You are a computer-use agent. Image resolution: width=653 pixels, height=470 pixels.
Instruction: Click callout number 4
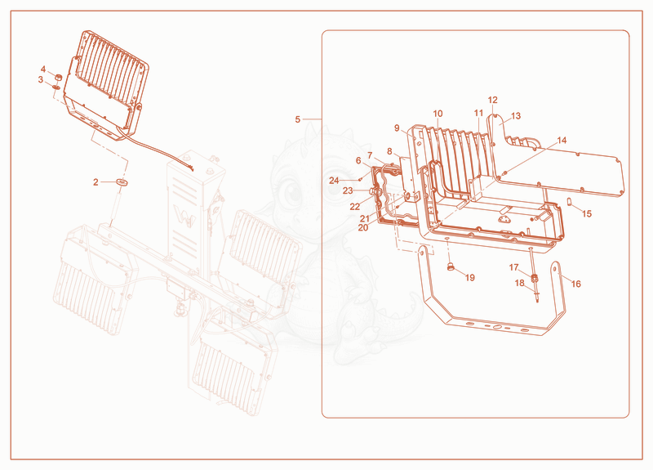click(x=43, y=69)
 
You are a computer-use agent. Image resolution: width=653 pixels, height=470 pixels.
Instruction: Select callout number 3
click(x=40, y=79)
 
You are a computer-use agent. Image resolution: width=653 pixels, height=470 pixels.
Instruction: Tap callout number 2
click(x=96, y=182)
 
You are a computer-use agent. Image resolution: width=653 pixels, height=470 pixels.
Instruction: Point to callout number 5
click(x=297, y=119)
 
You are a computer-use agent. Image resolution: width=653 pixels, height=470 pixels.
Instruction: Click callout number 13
click(x=516, y=116)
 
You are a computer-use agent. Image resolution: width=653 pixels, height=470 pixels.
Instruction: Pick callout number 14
click(x=562, y=141)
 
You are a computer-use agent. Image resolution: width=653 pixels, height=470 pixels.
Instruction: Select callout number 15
click(x=587, y=213)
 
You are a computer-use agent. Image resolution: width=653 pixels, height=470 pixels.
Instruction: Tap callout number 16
click(x=575, y=284)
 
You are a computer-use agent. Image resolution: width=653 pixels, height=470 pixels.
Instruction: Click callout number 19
click(x=470, y=278)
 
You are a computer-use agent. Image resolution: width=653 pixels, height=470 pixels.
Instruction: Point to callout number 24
click(x=334, y=181)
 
